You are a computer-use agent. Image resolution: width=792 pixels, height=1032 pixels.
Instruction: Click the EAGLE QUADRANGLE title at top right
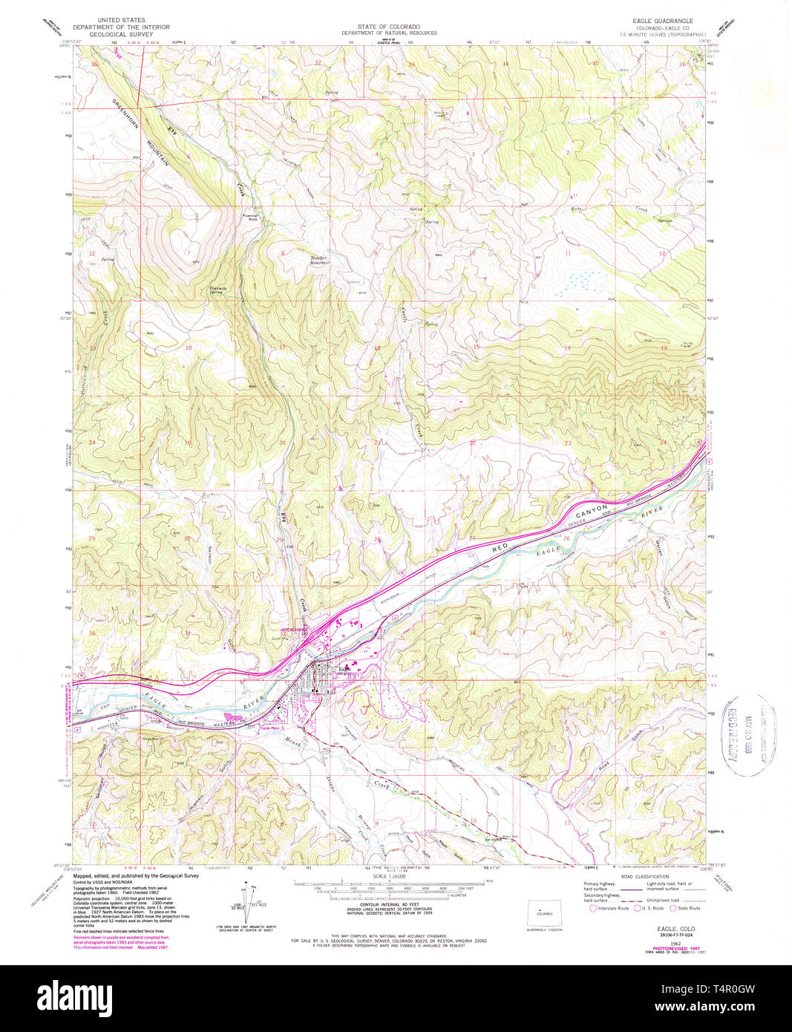pos(663,21)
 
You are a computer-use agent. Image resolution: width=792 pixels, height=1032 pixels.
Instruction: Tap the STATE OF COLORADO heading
pos(388,26)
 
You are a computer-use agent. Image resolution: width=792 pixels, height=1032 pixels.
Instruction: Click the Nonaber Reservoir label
pos(320,261)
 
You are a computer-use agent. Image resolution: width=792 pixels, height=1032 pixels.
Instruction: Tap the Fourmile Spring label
pos(217,290)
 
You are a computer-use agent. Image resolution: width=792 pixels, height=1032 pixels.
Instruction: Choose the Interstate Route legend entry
pos(610,908)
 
